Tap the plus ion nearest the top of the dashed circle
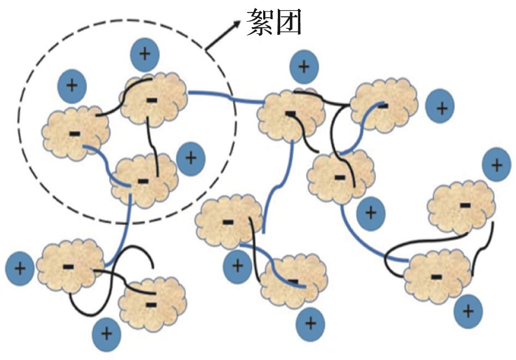tap(145, 54)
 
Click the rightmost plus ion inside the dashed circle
tap(191, 158)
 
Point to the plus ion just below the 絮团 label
tap(304, 67)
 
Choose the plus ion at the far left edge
tap(20, 268)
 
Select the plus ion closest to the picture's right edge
tap(497, 164)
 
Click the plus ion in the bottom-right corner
tap(468, 311)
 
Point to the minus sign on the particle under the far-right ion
tap(465, 205)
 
